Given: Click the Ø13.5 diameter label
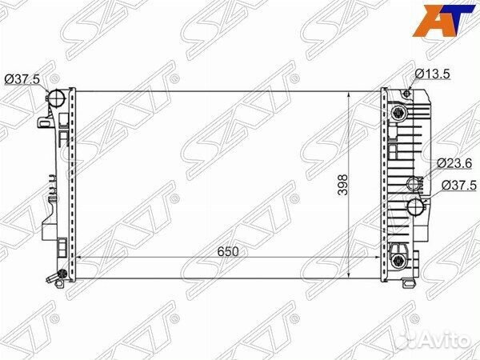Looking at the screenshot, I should pyautogui.click(x=433, y=75).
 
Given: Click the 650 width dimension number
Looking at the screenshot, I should pyautogui.click(x=227, y=250).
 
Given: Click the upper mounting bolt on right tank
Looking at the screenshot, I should pyautogui.click(x=398, y=110).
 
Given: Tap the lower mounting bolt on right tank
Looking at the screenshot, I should pyautogui.click(x=398, y=250).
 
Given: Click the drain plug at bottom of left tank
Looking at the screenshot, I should pyautogui.click(x=52, y=278).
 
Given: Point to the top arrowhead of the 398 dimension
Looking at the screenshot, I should pyautogui.click(x=350, y=93).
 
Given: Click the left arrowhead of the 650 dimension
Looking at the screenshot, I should pyautogui.click(x=79, y=259).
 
